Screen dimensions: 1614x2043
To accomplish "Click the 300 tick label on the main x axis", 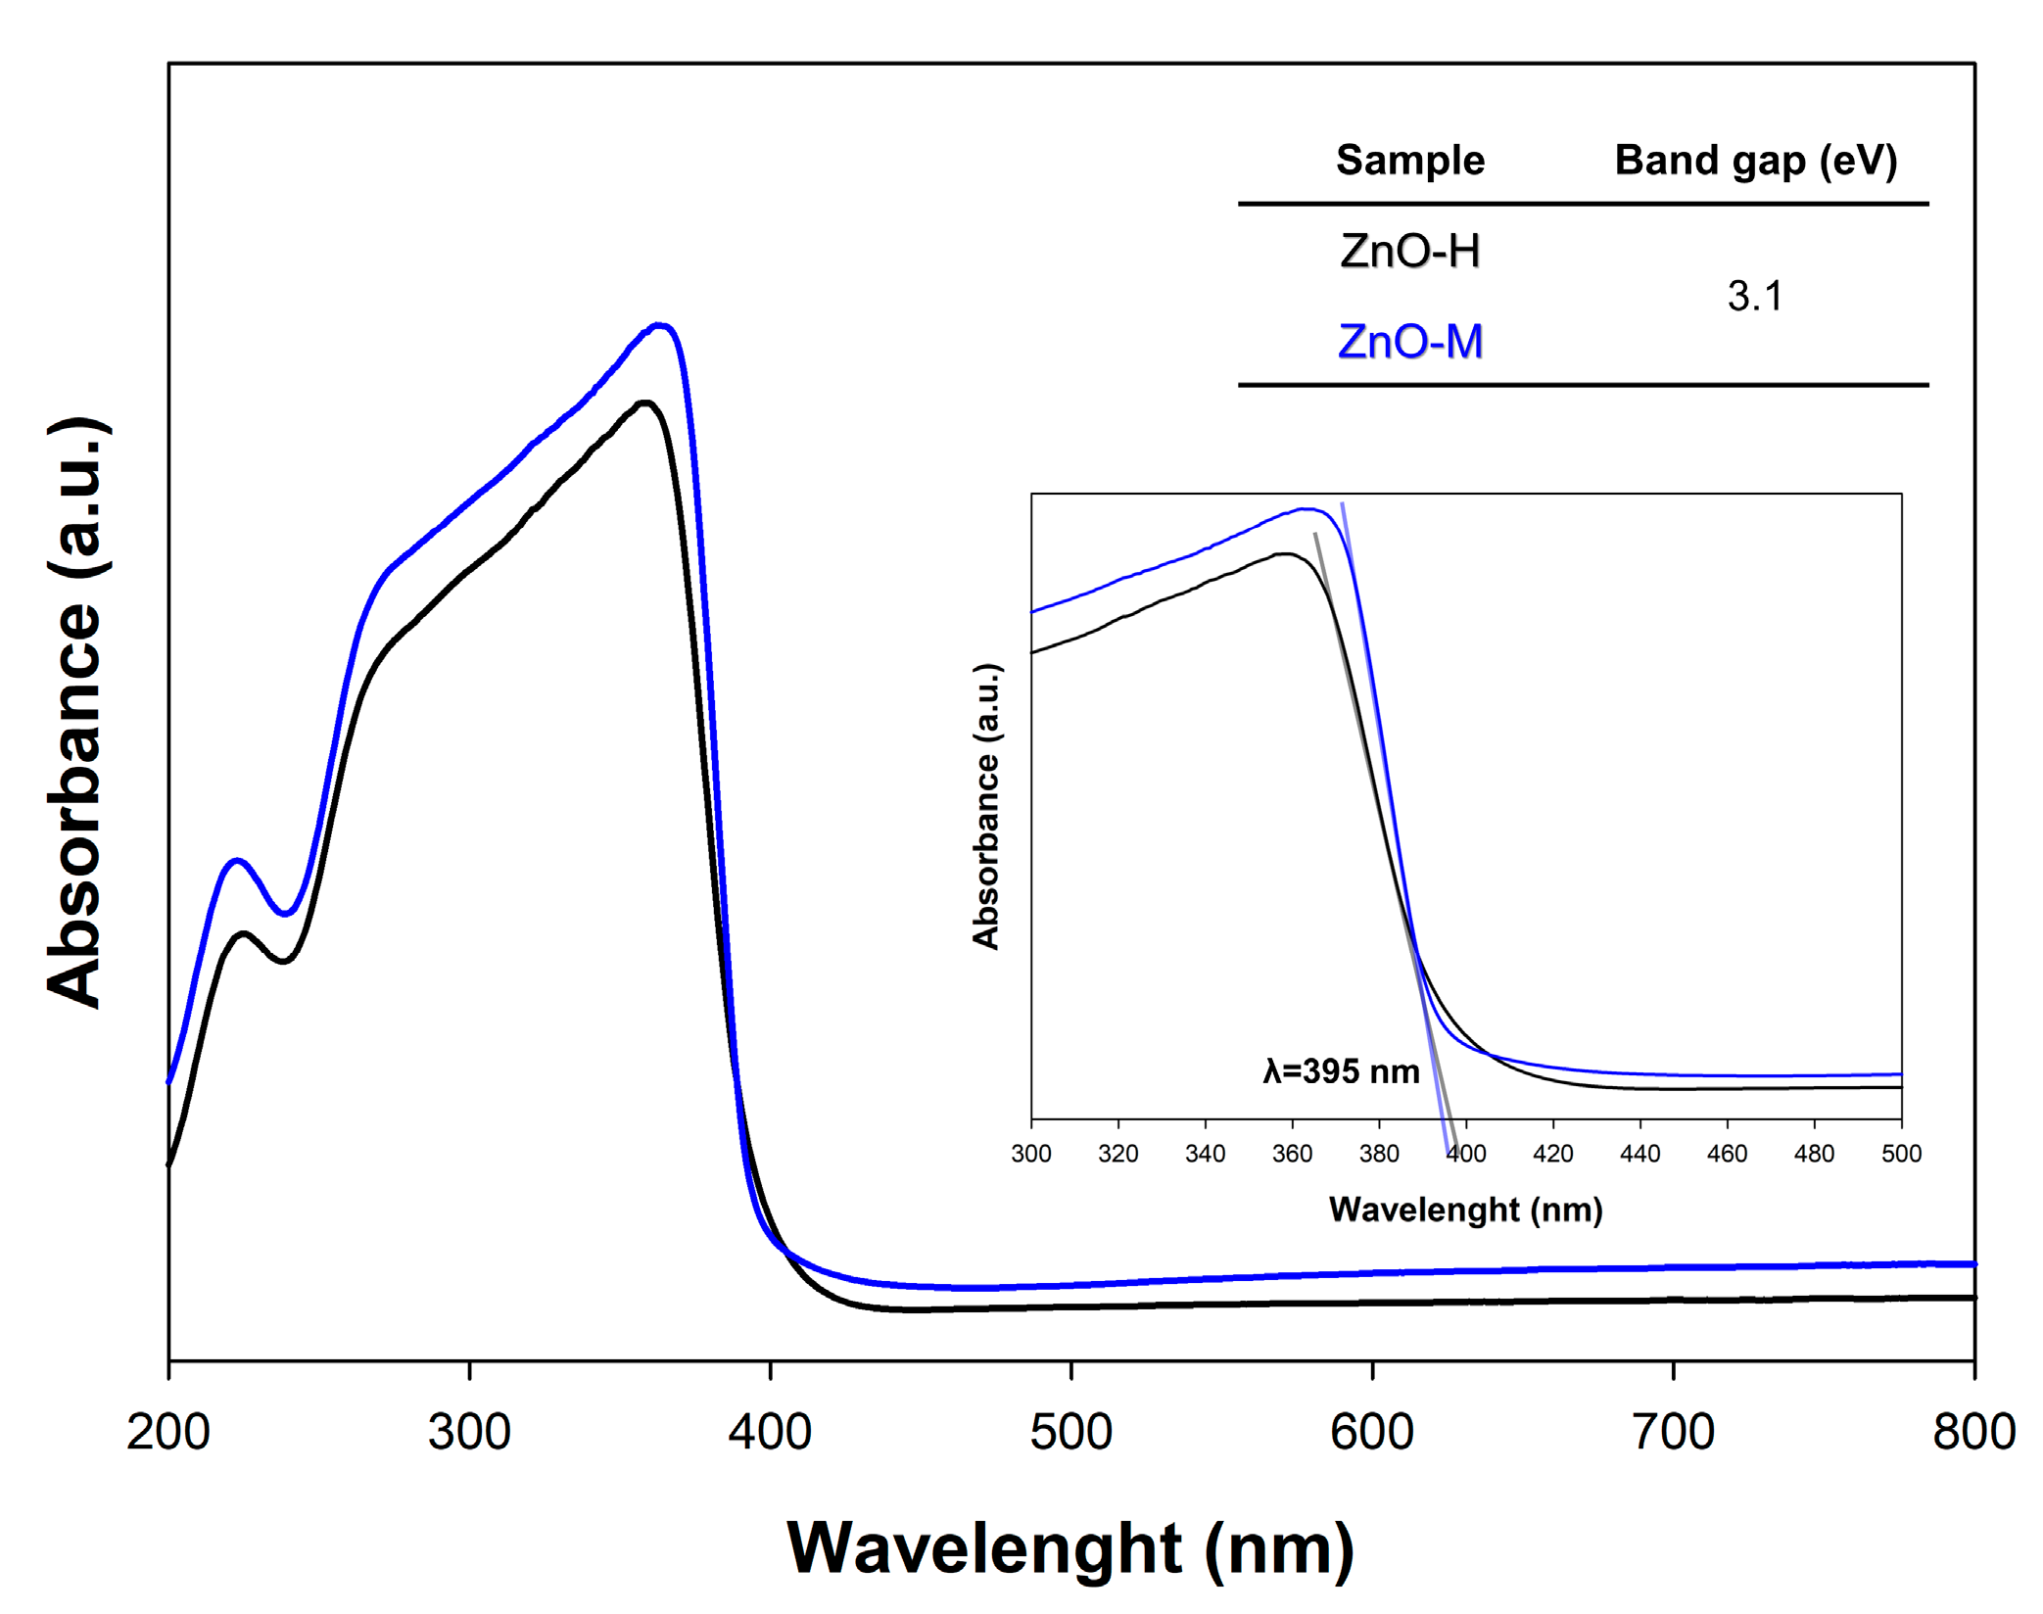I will pyautogui.click(x=469, y=1432).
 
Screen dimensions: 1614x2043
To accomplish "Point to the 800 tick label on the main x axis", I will pyautogui.click(x=1972, y=1432).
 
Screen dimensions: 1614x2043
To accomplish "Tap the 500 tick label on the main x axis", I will pyautogui.click(x=1070, y=1432).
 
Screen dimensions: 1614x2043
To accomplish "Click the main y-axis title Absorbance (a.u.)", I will pyautogui.click(x=76, y=712).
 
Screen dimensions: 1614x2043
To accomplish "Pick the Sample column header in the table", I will pyautogui.click(x=1409, y=160).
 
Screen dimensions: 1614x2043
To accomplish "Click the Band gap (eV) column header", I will pyautogui.click(x=1755, y=160).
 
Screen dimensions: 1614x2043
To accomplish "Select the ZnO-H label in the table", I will pyautogui.click(x=1409, y=252).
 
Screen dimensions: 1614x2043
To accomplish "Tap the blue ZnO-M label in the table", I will pyautogui.click(x=1409, y=342).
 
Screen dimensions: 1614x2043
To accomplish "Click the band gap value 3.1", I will pyautogui.click(x=1754, y=296).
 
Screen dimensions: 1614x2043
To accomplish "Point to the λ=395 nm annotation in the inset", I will pyautogui.click(x=1341, y=1071).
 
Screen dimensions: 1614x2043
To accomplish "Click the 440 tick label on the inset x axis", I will pyautogui.click(x=1639, y=1154).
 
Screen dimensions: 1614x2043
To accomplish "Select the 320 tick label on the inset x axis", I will pyautogui.click(x=1117, y=1154).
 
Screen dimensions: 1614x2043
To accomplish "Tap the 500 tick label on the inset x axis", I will pyautogui.click(x=1900, y=1154).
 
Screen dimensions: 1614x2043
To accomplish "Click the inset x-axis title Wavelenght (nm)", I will pyautogui.click(x=1465, y=1210).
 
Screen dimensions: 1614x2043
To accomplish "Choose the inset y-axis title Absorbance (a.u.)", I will pyautogui.click(x=986, y=806).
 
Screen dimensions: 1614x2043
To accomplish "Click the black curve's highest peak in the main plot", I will pyautogui.click(x=644, y=403).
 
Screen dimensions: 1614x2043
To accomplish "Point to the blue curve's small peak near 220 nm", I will pyautogui.click(x=236, y=861).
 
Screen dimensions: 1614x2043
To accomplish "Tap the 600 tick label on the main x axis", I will pyautogui.click(x=1371, y=1432).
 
